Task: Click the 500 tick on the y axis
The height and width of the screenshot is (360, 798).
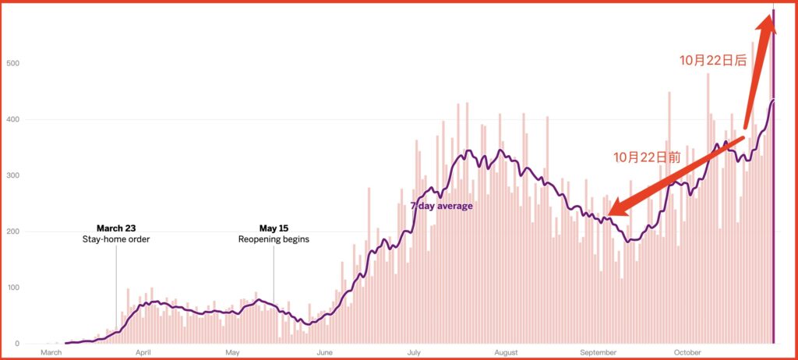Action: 12,63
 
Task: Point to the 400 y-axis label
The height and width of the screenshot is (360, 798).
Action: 12,119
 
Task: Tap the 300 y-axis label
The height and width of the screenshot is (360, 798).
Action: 12,175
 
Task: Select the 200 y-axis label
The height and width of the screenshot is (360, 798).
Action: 12,231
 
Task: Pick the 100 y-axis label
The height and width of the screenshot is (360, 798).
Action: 12,288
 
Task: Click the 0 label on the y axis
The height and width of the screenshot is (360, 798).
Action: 16,344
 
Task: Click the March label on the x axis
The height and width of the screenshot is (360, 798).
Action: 51,353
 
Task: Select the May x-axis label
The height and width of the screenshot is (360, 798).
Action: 232,353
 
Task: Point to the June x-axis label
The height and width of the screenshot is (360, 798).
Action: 325,353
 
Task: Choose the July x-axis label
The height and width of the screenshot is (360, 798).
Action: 415,353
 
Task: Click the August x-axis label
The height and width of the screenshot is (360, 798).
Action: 507,353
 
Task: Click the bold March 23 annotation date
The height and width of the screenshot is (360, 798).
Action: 116,228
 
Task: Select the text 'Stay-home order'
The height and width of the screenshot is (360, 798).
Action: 116,239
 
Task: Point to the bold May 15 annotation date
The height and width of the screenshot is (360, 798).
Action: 274,228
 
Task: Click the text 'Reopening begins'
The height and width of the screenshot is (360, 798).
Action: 274,239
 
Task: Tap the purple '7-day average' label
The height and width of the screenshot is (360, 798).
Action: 441,206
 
